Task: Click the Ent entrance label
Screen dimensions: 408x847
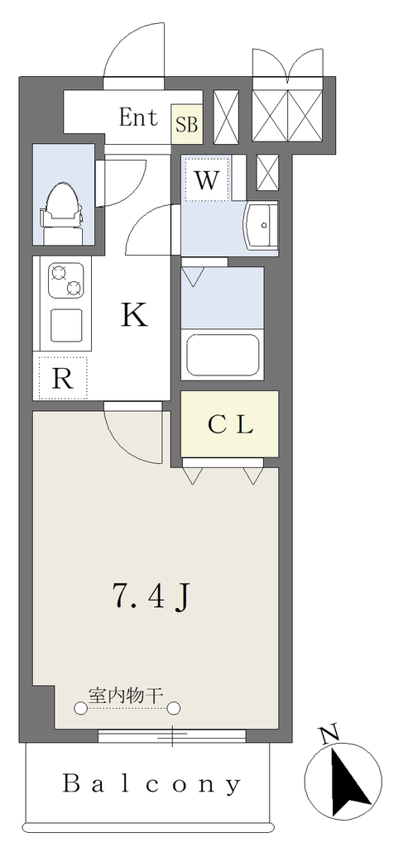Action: coord(138,117)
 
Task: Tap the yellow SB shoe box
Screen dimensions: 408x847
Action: coord(187,124)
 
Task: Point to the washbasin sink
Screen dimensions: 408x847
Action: coord(260,225)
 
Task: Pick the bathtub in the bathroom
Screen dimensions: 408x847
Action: coord(222,355)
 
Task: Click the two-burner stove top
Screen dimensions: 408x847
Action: coord(66,280)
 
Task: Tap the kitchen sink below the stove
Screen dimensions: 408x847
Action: coord(66,326)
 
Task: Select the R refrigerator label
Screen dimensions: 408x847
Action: coord(62,380)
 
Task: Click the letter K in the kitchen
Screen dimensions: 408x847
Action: coord(135,314)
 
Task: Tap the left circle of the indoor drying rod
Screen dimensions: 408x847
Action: coord(80,708)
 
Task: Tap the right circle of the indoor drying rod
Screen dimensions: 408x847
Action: coord(174,708)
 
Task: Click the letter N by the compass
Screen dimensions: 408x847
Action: coord(329,733)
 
